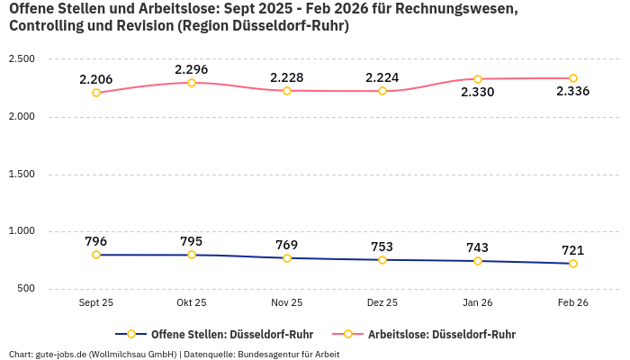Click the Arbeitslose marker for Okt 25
tap(192, 83)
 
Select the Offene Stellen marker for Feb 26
tap(573, 264)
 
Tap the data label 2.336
tap(573, 92)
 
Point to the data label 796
tap(96, 241)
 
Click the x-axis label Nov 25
tap(287, 303)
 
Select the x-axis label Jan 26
tap(478, 303)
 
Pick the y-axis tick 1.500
tap(22, 174)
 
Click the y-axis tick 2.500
tap(22, 59)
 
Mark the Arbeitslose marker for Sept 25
tap(96, 93)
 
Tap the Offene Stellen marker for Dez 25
tap(382, 260)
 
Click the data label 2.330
tap(478, 92)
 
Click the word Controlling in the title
tap(45, 26)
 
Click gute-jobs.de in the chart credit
tap(62, 354)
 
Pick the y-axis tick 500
tap(25, 289)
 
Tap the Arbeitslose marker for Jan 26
tap(478, 79)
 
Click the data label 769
tap(287, 245)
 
